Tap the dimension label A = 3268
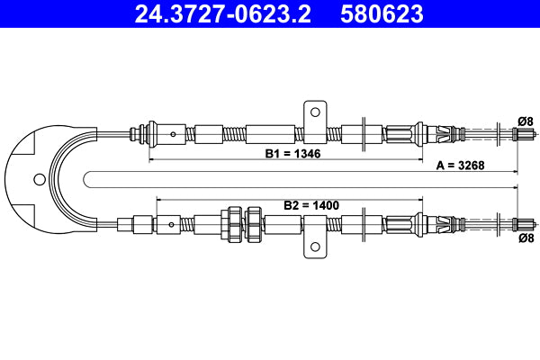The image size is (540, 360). point(465,166)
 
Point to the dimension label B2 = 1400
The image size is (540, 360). point(310,205)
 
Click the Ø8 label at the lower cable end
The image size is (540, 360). point(526,238)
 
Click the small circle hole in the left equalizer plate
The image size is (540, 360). point(37,178)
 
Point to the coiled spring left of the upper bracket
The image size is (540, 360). point(234,134)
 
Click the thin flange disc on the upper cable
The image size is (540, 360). point(362,134)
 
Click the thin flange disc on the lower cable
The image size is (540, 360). point(362,222)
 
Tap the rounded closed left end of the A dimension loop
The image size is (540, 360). point(83,177)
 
